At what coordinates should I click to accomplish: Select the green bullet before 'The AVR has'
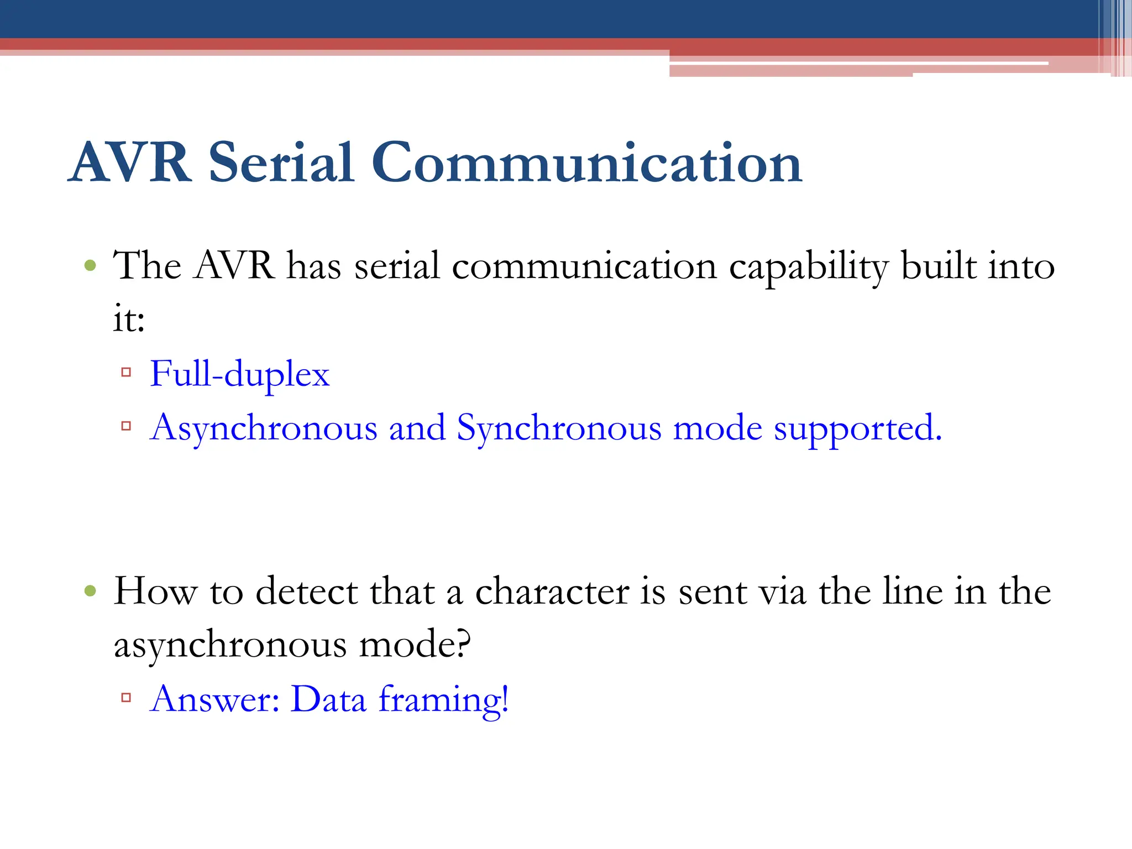click(90, 266)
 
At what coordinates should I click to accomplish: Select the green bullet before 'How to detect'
click(90, 592)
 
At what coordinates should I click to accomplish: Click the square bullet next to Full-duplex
click(126, 373)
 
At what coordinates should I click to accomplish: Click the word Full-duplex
click(239, 375)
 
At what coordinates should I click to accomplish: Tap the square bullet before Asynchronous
click(126, 426)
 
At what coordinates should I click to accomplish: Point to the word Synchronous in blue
click(559, 429)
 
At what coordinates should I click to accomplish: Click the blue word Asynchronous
click(264, 429)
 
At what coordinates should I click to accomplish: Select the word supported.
click(857, 429)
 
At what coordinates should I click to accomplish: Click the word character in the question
click(552, 592)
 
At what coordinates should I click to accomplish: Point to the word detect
click(306, 592)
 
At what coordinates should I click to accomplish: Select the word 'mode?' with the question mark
click(415, 645)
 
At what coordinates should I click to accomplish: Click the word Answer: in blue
click(214, 699)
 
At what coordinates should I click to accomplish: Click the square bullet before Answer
click(126, 698)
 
